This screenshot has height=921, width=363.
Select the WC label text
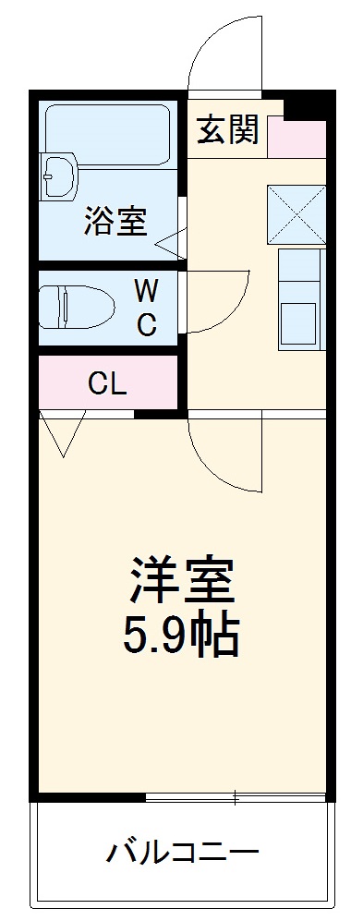[146, 309]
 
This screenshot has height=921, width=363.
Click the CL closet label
[107, 382]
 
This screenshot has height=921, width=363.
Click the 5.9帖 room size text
[182, 635]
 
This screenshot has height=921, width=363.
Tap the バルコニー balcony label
[181, 851]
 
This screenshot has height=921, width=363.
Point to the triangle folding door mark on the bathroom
[171, 246]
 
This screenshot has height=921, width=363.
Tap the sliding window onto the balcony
[236, 796]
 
